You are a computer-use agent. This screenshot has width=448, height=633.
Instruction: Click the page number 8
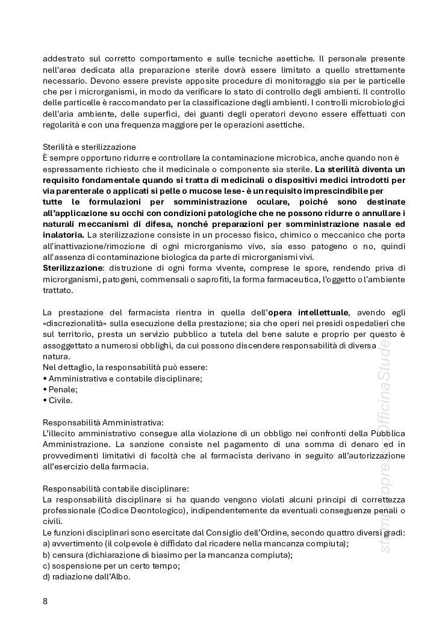[45, 601]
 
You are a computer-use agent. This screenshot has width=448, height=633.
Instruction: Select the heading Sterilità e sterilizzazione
[89, 147]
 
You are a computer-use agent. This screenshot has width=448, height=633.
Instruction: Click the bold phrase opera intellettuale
[317, 312]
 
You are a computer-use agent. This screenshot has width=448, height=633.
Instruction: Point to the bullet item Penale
[60, 389]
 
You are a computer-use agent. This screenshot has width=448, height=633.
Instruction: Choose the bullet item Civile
[58, 400]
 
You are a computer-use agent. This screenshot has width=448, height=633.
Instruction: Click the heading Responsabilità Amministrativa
[103, 422]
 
